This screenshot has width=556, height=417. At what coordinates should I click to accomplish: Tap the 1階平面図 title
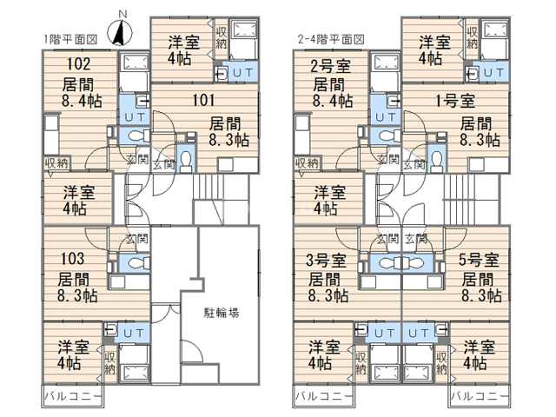coord(70,39)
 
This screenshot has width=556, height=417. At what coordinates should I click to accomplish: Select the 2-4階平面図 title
coord(331,39)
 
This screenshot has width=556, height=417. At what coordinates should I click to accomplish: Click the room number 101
coord(203,100)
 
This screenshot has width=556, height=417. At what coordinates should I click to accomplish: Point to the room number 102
coord(79,64)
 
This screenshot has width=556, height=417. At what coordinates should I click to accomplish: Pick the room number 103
coord(72,259)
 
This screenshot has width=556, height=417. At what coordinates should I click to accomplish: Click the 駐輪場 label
coord(222,313)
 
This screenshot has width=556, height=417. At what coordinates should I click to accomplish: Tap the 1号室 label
coord(455,101)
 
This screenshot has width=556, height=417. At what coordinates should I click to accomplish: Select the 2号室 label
coord(330,66)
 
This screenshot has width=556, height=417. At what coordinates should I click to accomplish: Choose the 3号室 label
coord(327,261)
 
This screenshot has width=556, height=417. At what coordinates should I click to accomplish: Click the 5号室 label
coord(479,260)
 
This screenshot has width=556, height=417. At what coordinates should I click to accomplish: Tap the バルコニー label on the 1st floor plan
coord(73,396)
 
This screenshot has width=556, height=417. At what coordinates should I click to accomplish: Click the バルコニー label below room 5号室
coord(479,396)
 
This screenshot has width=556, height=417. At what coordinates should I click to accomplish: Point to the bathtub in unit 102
coord(133,62)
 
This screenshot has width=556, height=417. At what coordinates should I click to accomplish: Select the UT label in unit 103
coord(133,334)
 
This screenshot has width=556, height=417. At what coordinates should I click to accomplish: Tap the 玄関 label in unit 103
coord(137,239)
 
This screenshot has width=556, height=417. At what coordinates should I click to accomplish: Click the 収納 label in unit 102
coord(57,163)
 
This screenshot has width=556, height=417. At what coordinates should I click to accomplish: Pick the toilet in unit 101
coord(186,158)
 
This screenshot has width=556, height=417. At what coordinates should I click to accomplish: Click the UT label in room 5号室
coord(419,334)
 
